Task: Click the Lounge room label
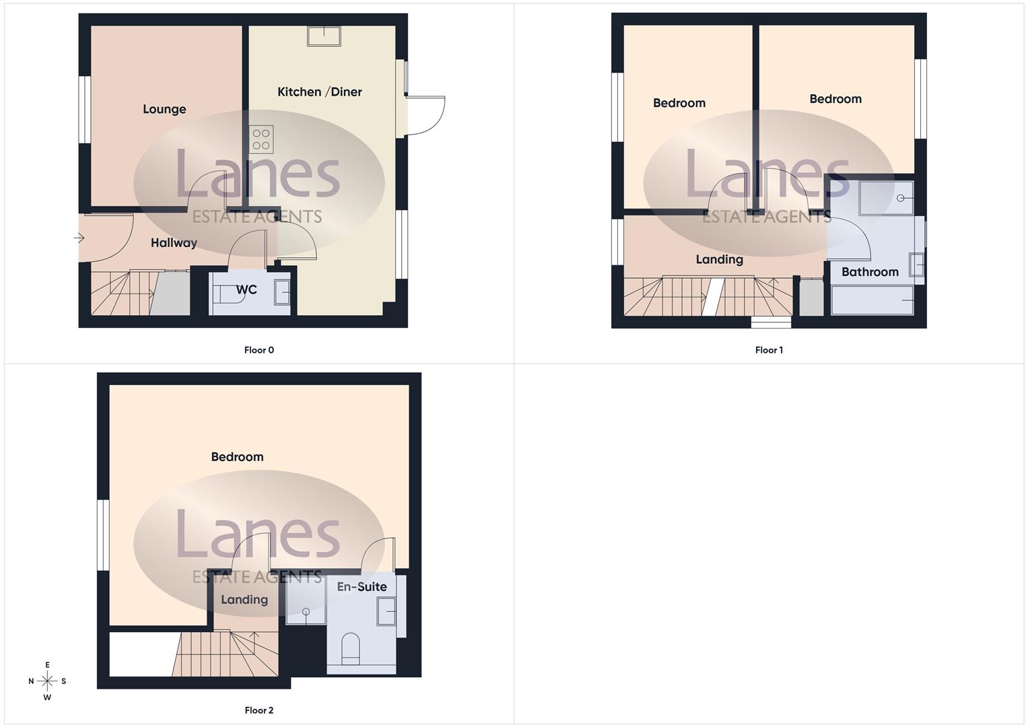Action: (164, 109)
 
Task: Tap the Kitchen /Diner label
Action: (320, 92)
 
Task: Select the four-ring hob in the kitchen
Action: (261, 139)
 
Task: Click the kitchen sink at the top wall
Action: (324, 36)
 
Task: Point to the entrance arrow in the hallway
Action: (79, 238)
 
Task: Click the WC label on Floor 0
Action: (246, 290)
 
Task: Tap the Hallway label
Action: (174, 243)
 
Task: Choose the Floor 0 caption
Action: (259, 350)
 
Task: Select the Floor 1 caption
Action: (769, 350)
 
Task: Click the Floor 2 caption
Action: (259, 710)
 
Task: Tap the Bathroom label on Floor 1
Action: (870, 272)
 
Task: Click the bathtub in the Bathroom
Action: (872, 300)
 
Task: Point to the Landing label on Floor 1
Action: (720, 260)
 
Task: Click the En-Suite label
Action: (362, 587)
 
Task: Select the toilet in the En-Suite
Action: (351, 648)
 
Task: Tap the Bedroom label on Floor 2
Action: (238, 457)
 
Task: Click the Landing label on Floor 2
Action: (244, 600)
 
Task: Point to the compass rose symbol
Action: (47, 681)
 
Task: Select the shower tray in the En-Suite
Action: (306, 600)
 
